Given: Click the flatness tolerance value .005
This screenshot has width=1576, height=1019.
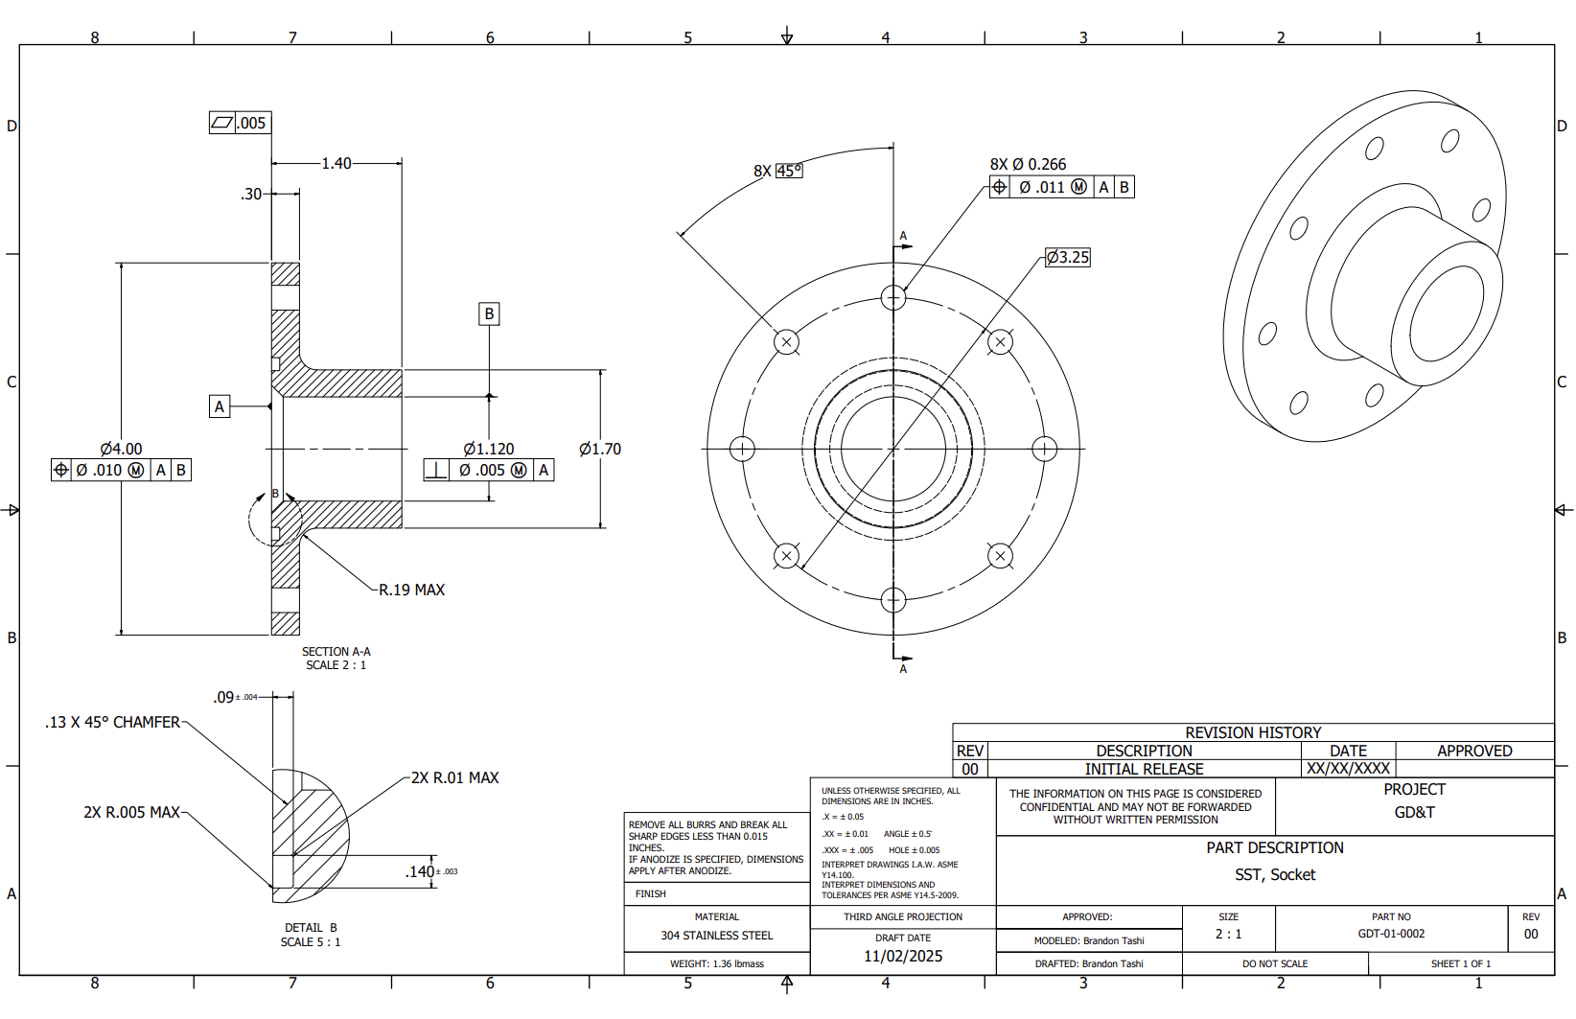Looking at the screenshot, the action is click(251, 123).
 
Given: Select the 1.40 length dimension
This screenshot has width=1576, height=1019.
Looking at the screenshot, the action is click(336, 163).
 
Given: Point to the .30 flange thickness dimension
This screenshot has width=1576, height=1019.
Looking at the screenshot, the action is click(251, 195).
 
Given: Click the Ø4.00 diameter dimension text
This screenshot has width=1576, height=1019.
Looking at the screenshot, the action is click(121, 449).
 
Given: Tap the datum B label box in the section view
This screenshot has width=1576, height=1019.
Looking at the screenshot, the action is click(489, 313).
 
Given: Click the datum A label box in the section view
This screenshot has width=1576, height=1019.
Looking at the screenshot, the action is click(220, 406).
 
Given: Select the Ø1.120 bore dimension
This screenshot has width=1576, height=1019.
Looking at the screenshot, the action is click(488, 449).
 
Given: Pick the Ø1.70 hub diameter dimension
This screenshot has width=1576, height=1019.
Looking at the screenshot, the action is click(600, 449).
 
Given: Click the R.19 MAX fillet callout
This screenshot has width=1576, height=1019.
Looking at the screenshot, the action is click(411, 590).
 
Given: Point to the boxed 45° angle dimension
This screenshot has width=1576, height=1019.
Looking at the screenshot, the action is click(789, 171).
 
